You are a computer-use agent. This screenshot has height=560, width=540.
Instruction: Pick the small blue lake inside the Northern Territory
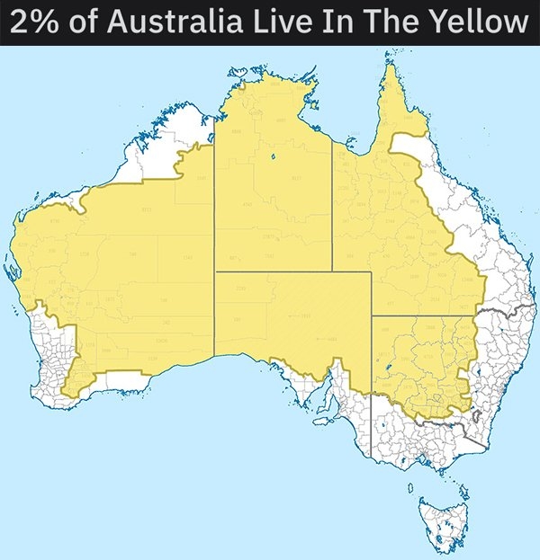tap(270, 160)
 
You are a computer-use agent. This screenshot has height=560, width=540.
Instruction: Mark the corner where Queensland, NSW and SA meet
tap(371, 316)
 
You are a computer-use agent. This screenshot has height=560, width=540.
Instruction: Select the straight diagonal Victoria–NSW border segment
tap(473, 439)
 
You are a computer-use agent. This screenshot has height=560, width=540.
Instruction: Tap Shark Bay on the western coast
tap(17, 270)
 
